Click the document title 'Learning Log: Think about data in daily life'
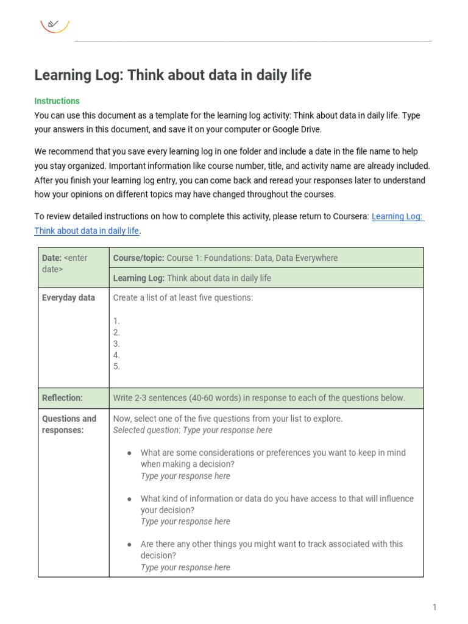click(x=172, y=75)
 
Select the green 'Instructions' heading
click(x=57, y=101)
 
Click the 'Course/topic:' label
click(x=138, y=258)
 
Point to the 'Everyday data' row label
click(x=68, y=298)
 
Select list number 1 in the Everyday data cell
click(x=116, y=321)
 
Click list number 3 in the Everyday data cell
click(x=116, y=344)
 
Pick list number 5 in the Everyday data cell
click(x=116, y=366)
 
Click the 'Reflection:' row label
click(x=62, y=398)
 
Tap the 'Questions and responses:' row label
click(x=69, y=424)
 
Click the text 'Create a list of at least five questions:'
click(x=183, y=298)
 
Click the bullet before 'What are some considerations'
click(x=129, y=453)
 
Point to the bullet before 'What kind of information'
click(x=129, y=499)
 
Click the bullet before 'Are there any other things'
click(x=129, y=544)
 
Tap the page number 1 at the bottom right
click(x=434, y=607)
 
